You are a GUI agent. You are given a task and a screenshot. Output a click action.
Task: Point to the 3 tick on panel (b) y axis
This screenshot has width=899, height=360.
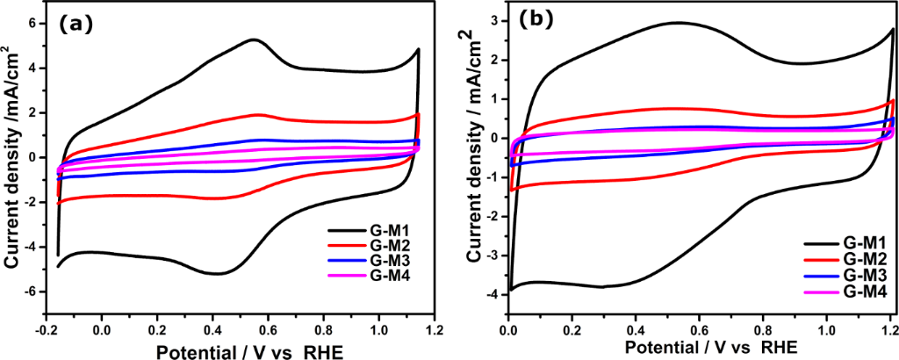pyautogui.click(x=498, y=20)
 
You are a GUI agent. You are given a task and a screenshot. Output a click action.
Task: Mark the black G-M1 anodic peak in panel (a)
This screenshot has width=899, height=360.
pyautogui.click(x=254, y=40)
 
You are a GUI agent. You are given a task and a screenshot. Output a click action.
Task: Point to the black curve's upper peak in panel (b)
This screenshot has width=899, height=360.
pyautogui.click(x=677, y=22)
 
